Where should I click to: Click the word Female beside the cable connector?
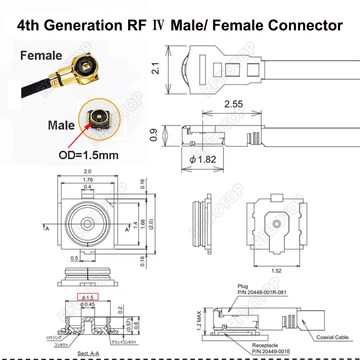point(41,55)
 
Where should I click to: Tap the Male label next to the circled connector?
point(61,125)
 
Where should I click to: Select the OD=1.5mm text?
point(88,156)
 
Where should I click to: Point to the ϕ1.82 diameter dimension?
point(203,159)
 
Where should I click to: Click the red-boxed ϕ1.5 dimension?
point(88,297)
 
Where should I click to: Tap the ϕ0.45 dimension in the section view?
point(87,305)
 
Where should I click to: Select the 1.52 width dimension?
point(276,271)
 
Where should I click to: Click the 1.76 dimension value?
point(87,180)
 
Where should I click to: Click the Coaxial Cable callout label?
point(332,337)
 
